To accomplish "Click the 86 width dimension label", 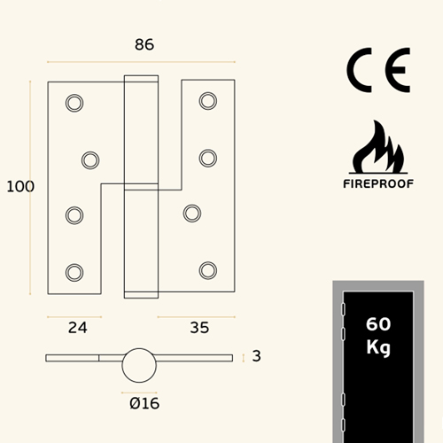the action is pos(144,44).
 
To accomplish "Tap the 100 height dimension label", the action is pos(20,187).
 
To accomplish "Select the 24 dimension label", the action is pos(78,328).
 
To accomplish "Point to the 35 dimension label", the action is pos(199,328).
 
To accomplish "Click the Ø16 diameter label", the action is pos(144,403).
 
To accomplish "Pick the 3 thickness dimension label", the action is pos(256,356).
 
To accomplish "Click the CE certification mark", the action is pos(378,70).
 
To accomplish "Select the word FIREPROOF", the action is pos(378,184).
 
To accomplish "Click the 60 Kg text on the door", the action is pos(378,336).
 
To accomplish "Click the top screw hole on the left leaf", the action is pos(74,103).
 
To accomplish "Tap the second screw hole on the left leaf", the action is pos(90,160).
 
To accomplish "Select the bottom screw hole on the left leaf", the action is pos(74,273).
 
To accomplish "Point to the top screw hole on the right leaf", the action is pos(208,101).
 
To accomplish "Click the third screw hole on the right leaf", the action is pos(192,214).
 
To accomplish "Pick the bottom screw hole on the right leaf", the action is pos(208,270).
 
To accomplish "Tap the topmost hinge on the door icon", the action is pos(343,309).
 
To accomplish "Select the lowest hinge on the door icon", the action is pos(343,425).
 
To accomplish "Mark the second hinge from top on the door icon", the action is pos(343,334).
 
